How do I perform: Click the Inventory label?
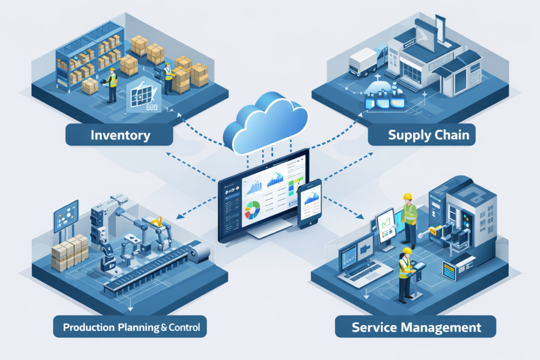tap(120, 134)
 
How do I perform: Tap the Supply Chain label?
tap(428, 134)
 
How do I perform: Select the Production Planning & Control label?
tap(131, 327)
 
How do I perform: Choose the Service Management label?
tap(416, 327)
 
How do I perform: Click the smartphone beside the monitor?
tap(310, 203)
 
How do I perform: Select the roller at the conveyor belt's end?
tap(200, 254)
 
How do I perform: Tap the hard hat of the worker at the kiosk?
tap(406, 251)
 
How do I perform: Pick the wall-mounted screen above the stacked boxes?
tap(66, 215)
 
